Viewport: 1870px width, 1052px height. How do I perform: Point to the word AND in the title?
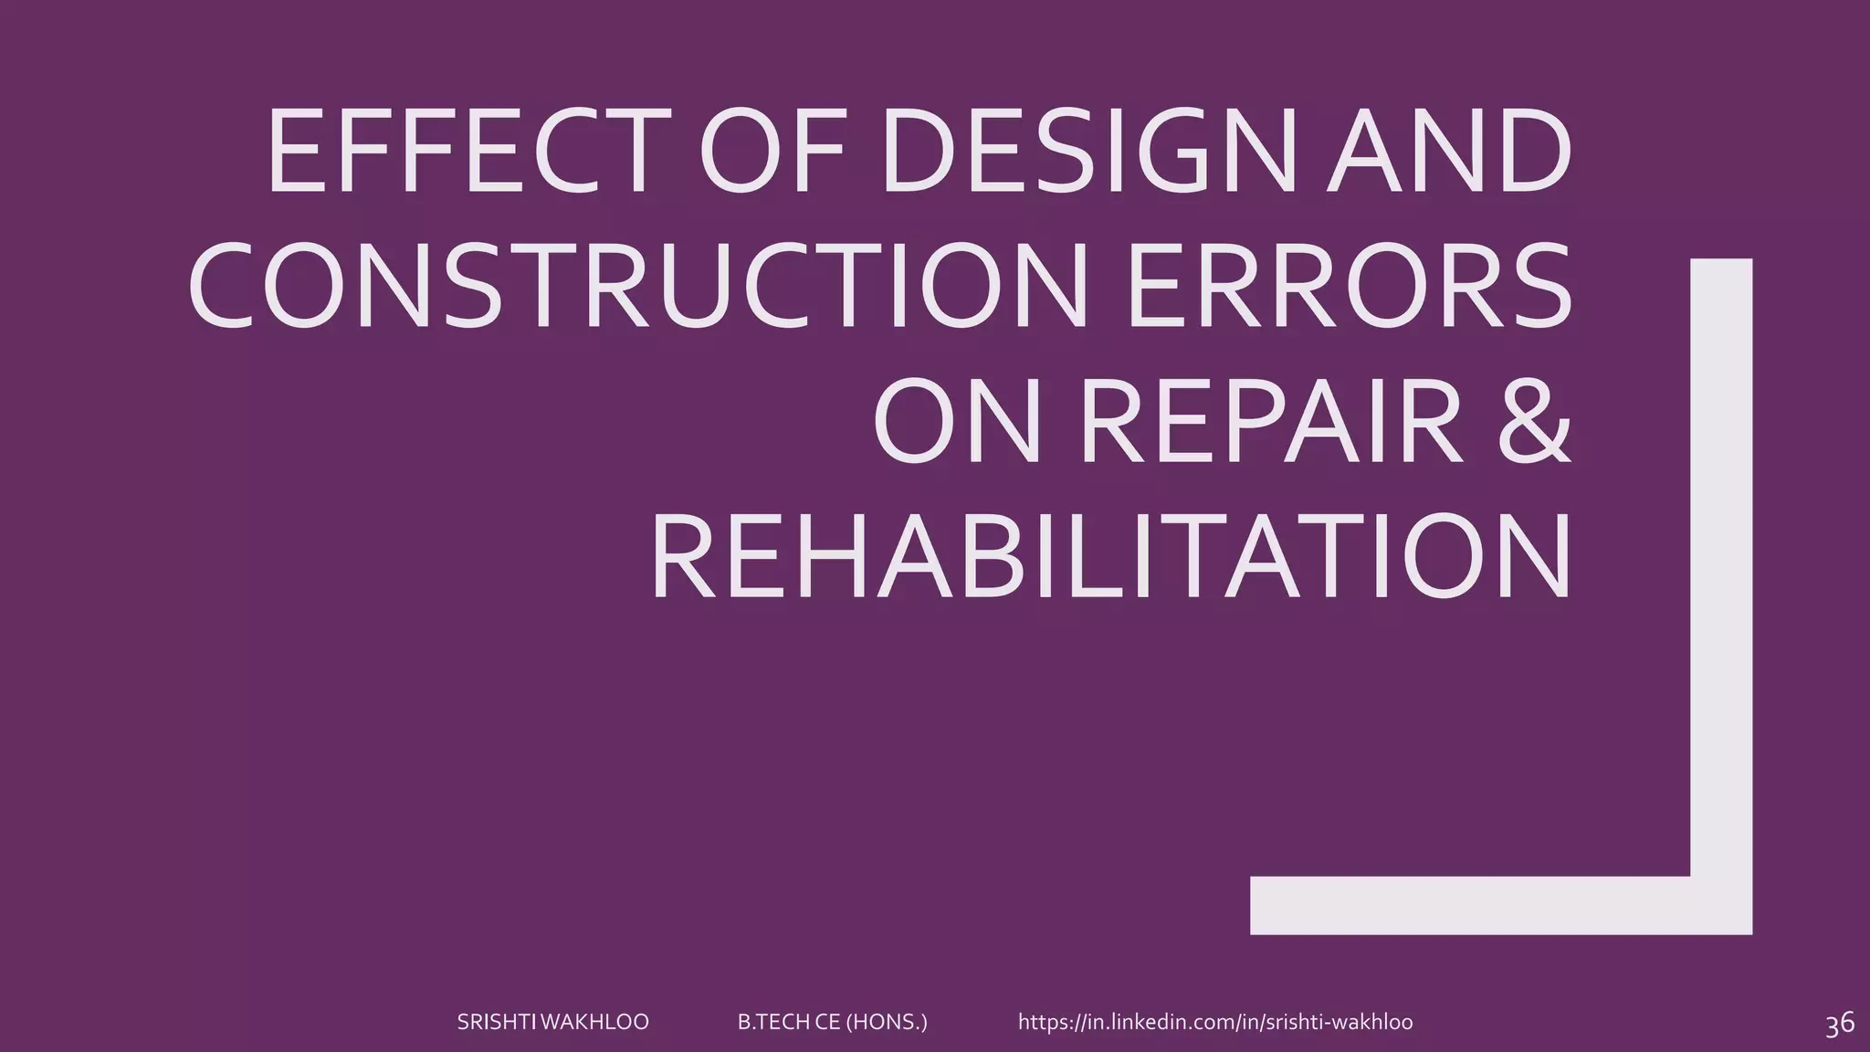click(x=1449, y=152)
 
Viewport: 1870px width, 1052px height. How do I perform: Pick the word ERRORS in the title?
click(x=1350, y=286)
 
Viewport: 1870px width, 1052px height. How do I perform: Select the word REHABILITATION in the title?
click(x=1110, y=556)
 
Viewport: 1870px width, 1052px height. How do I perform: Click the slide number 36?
click(x=1839, y=1024)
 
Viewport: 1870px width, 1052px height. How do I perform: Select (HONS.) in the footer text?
click(x=887, y=1022)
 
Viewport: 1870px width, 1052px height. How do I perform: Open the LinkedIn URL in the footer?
click(x=1215, y=1022)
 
